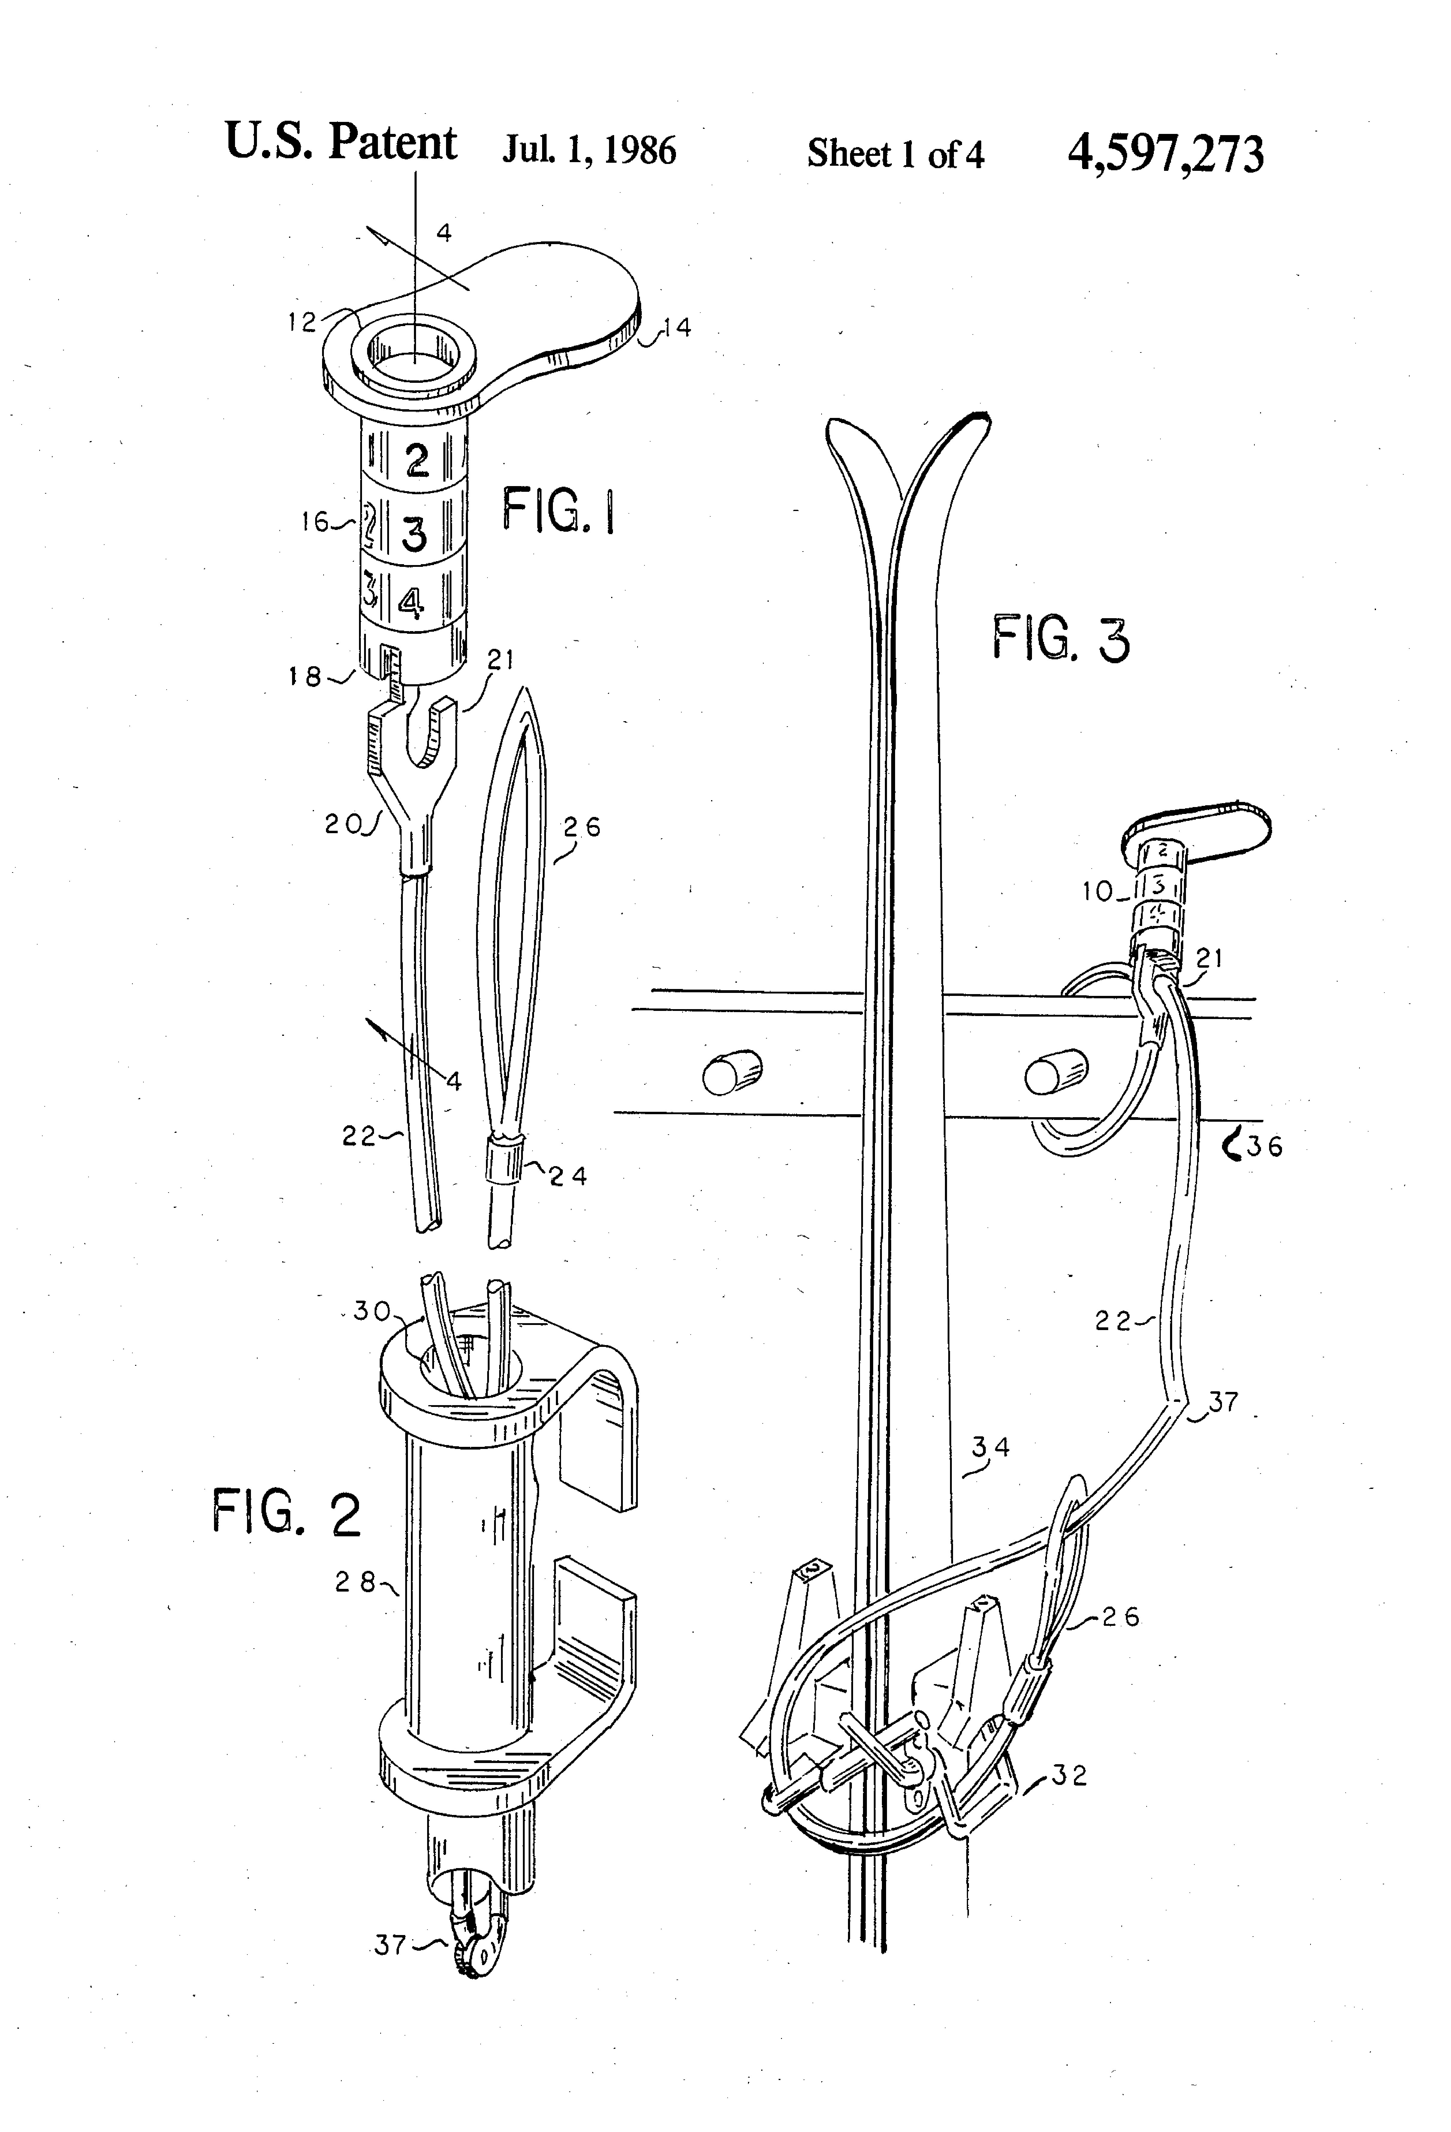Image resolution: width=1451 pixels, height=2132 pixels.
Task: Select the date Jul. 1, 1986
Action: point(589,150)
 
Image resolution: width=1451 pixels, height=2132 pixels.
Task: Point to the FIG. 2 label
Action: point(287,1512)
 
